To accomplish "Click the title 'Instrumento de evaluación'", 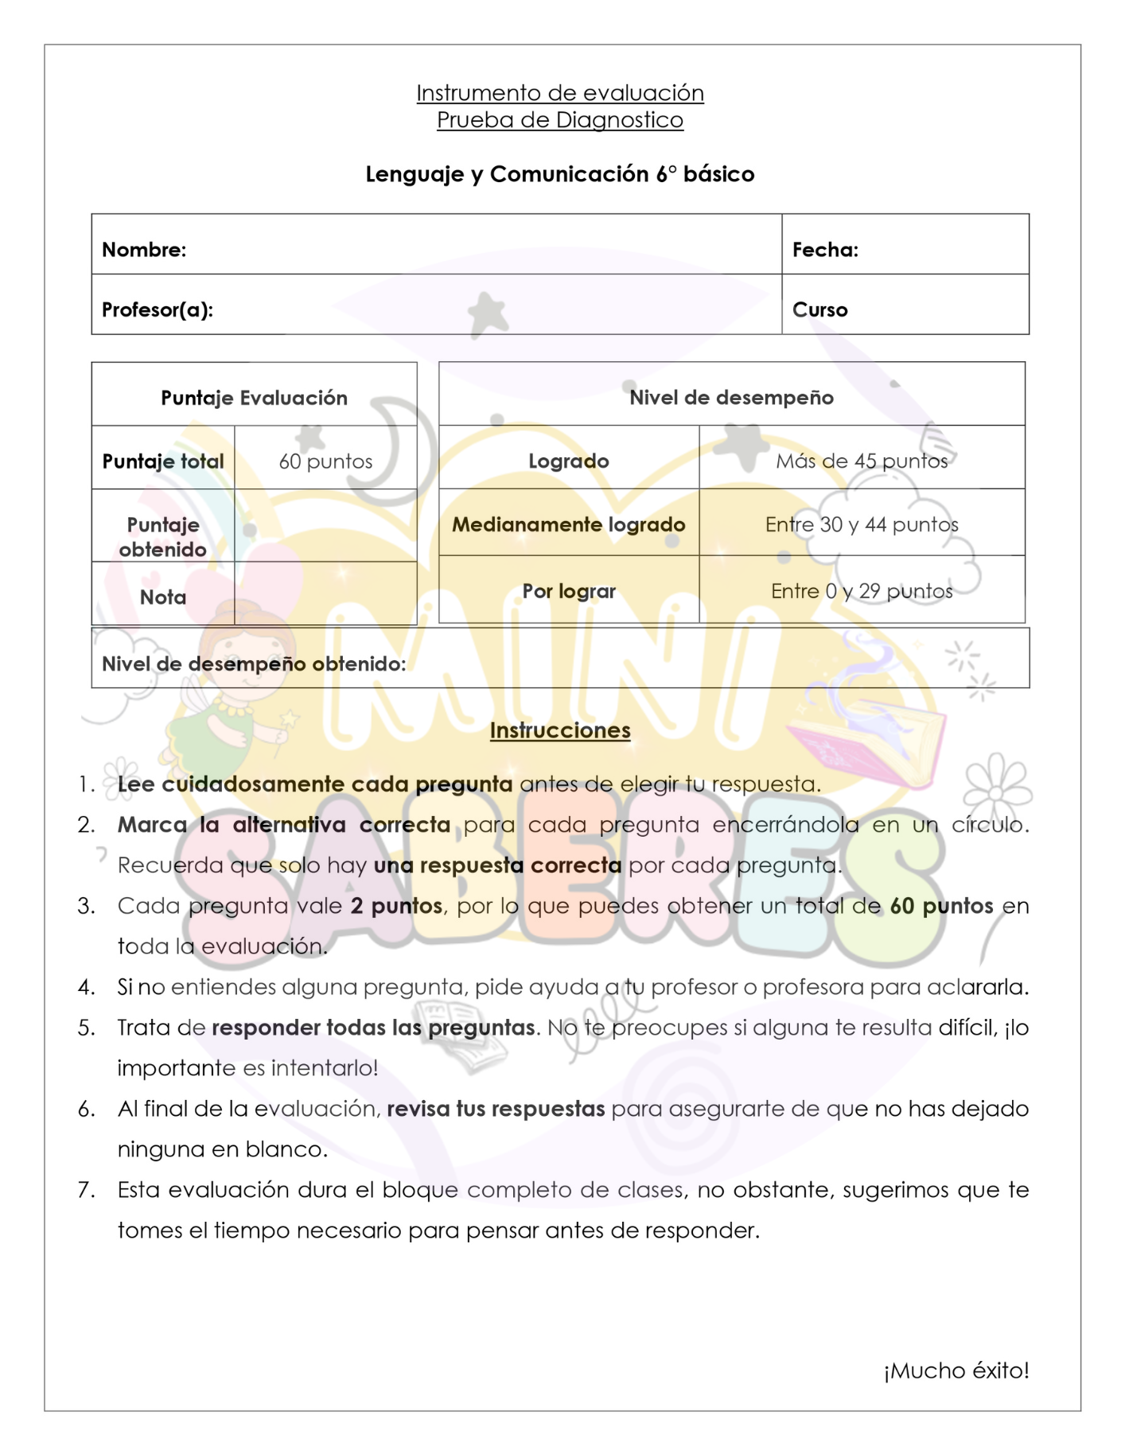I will click(x=560, y=93).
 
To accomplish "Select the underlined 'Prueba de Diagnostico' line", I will click(x=560, y=120).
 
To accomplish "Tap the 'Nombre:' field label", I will click(x=144, y=250).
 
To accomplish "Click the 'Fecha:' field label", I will click(x=825, y=250).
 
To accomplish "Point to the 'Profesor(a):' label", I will click(x=158, y=309).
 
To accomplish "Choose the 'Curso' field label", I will click(x=819, y=309).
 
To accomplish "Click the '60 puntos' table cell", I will click(x=325, y=461).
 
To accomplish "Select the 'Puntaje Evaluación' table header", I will click(x=254, y=398).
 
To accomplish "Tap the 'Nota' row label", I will click(x=163, y=597).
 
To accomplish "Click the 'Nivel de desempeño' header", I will click(x=731, y=398).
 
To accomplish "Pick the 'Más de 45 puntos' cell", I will click(x=862, y=461).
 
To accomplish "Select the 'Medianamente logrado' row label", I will click(x=569, y=525).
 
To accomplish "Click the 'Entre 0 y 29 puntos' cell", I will click(x=862, y=591).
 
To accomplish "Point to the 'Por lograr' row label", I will click(x=569, y=591).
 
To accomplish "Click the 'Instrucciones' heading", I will click(x=560, y=730).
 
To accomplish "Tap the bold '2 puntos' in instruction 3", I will click(x=396, y=906).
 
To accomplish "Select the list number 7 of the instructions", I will click(x=86, y=1190).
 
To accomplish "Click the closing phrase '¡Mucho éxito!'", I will click(x=956, y=1370).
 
